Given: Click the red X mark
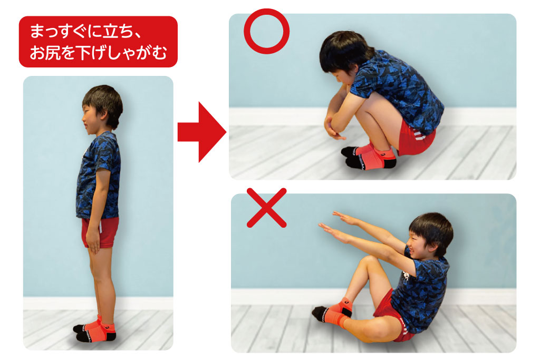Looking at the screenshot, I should (267, 208).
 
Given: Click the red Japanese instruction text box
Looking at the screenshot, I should (98, 42).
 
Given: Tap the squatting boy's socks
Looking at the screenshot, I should (369, 157).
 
